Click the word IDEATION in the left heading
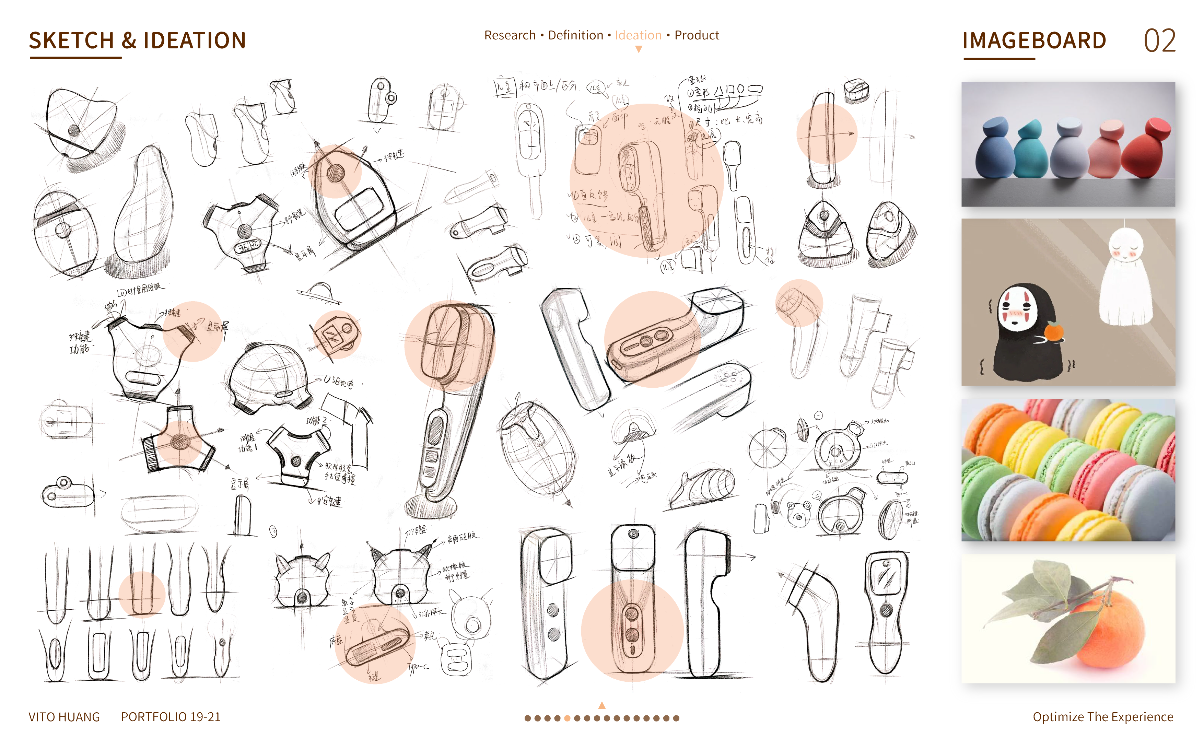[195, 41]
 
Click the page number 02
[1159, 41]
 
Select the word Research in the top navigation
[510, 35]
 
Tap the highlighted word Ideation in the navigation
[638, 35]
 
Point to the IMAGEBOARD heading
[1034, 41]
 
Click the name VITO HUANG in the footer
[64, 717]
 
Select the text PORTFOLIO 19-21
[170, 717]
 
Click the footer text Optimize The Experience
[1102, 717]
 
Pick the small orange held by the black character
[1054, 331]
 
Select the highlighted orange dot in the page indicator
[567, 718]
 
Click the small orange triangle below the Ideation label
[639, 49]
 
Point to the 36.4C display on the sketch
[247, 246]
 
